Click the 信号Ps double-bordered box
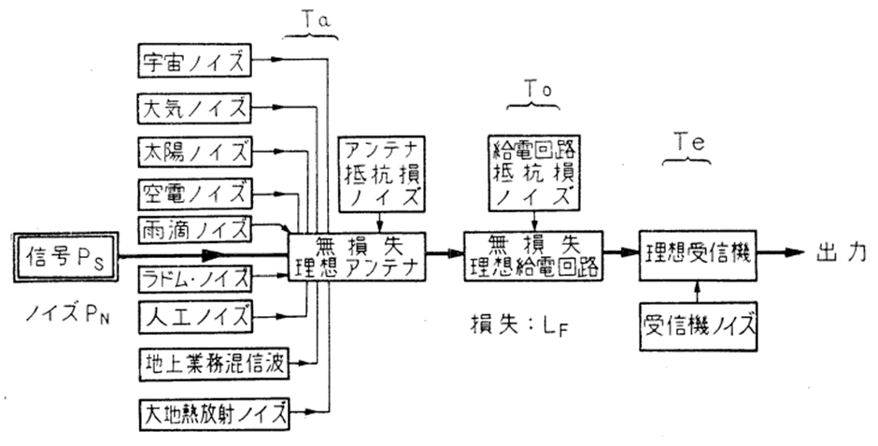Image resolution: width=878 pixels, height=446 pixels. tap(63, 253)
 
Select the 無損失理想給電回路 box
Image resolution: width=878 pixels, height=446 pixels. tap(532, 252)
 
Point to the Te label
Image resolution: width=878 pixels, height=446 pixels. tap(687, 140)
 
